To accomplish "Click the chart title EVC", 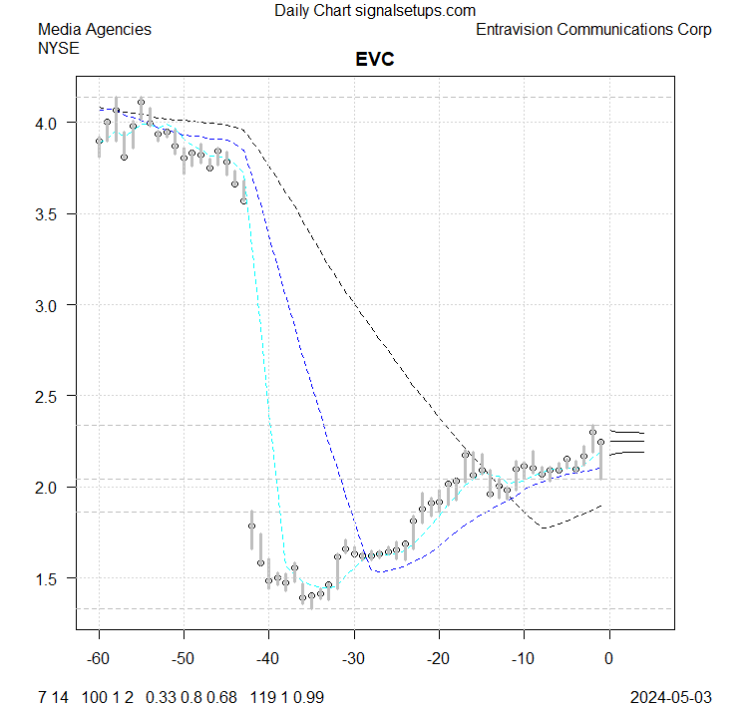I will tap(375, 60).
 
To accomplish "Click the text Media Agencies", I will tap(94, 30).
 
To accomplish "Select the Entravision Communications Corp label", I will tap(593, 30).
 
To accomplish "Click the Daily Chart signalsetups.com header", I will tap(375, 11).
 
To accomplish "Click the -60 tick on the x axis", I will tap(99, 659).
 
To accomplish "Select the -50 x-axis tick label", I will tap(184, 659).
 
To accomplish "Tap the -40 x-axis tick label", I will tap(268, 659).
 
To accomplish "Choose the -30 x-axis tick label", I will tap(353, 659).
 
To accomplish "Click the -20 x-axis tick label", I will tap(438, 659).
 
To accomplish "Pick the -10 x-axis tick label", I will tap(523, 659).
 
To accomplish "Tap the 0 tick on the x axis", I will tap(608, 659).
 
